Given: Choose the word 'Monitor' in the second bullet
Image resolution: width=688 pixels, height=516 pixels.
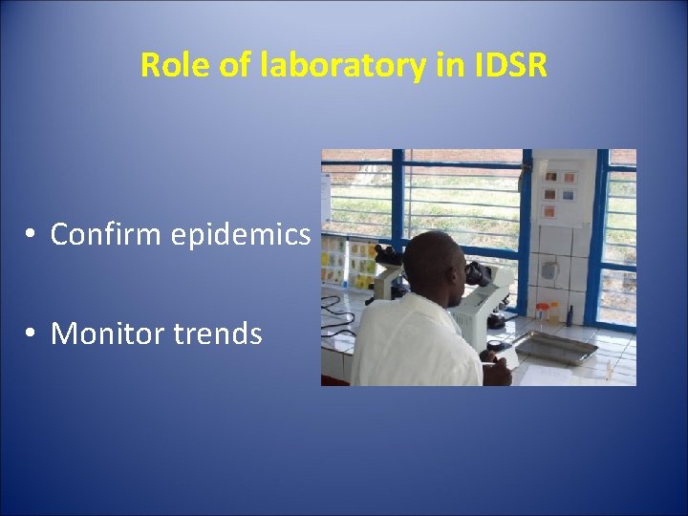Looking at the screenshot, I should pos(106,333).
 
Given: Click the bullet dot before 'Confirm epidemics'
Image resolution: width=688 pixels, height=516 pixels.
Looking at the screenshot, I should pos(32,235).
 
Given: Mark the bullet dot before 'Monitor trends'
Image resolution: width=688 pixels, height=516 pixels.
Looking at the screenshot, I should pos(32,334).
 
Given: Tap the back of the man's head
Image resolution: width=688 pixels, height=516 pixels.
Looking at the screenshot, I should pos(430,263).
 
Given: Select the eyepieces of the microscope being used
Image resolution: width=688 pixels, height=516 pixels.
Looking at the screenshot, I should pos(475,273).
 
